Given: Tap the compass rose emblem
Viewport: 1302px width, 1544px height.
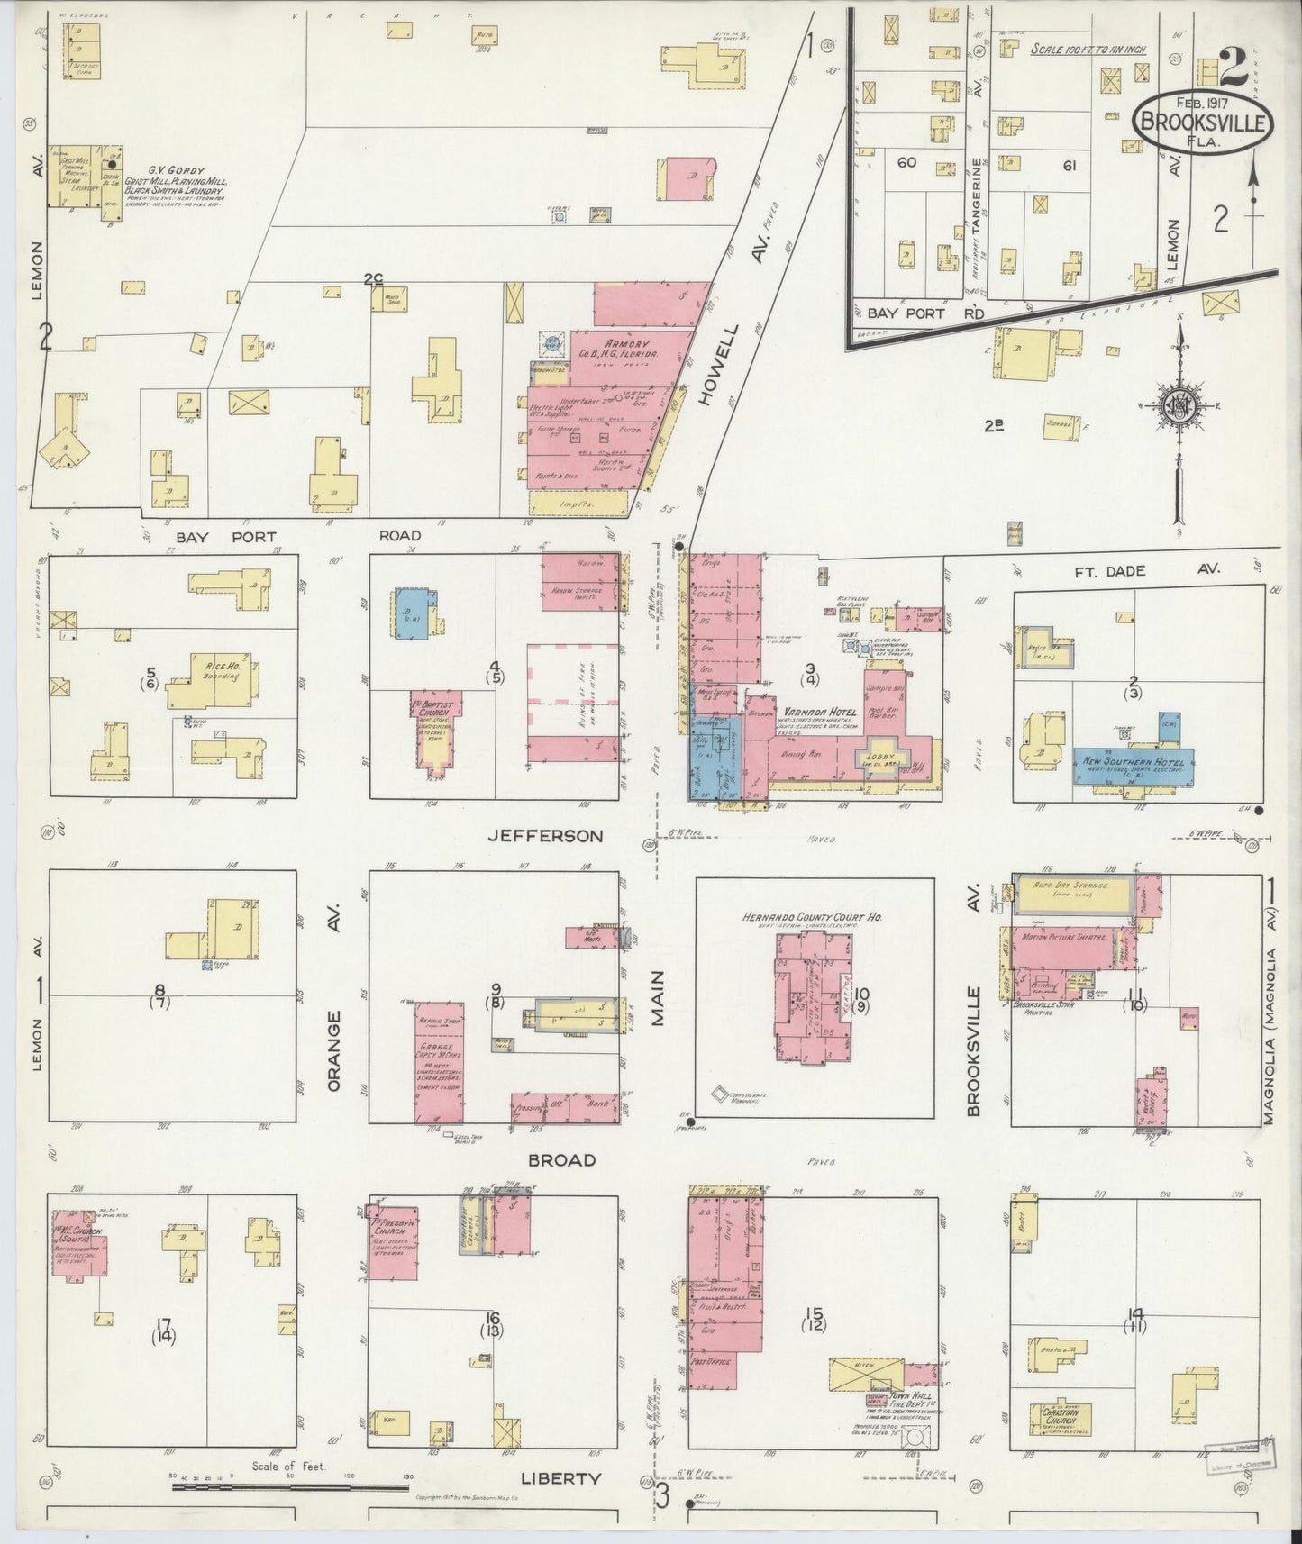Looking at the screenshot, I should pos(1180,406).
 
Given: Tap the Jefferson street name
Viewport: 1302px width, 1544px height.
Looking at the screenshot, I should pos(545,836).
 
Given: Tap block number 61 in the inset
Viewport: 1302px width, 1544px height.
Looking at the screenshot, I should pos(1070,165).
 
